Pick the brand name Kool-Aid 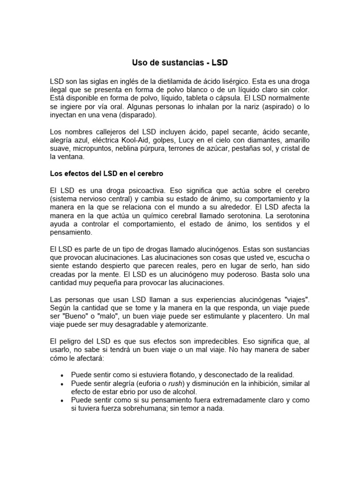pos(144,140)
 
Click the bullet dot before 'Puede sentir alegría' pos(62,383)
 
